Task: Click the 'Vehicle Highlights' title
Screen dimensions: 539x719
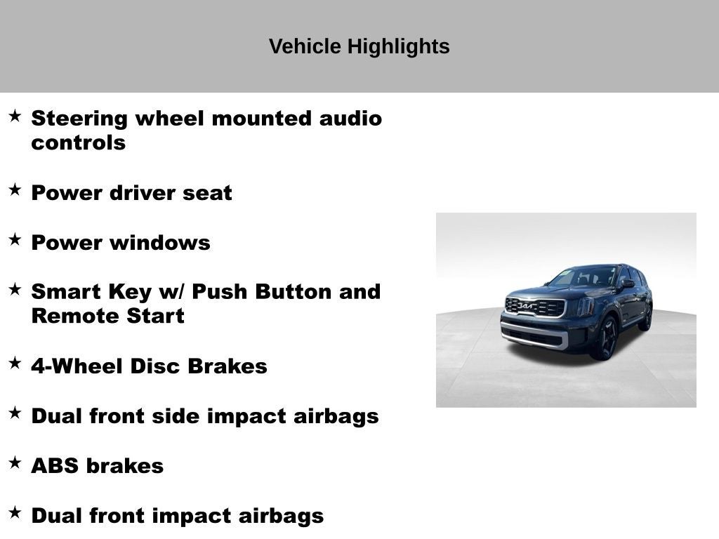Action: coord(359,46)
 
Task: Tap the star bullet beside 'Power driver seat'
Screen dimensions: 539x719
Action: coord(15,189)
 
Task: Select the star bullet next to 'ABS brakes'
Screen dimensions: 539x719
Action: coord(15,463)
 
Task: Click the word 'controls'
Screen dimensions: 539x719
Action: coord(78,142)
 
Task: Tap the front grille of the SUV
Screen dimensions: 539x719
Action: coord(535,307)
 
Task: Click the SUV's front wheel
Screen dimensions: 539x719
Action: coord(605,338)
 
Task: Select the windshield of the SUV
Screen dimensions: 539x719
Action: coord(584,277)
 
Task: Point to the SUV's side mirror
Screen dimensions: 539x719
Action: coord(627,284)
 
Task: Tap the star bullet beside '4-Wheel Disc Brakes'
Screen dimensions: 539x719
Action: coord(15,363)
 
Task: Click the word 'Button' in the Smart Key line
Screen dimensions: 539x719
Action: coord(294,291)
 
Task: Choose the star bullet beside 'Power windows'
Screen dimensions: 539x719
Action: coord(15,239)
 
